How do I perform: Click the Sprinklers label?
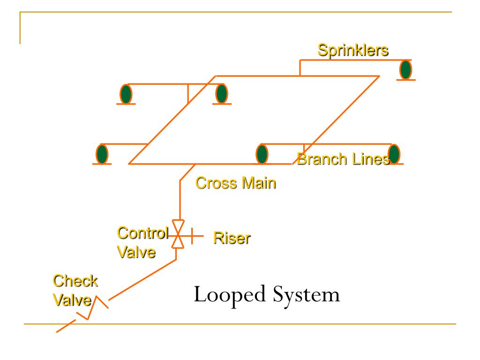click(353, 50)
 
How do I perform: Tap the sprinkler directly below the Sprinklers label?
click(405, 70)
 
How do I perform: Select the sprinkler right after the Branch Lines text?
click(394, 154)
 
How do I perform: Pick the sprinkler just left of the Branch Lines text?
click(262, 154)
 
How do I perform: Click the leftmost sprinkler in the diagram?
click(102, 154)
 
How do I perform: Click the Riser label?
click(232, 238)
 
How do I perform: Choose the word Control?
click(142, 233)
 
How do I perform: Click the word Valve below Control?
click(136, 252)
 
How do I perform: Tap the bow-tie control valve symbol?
click(178, 234)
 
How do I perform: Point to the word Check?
click(75, 281)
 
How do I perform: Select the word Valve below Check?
click(72, 300)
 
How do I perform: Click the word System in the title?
click(306, 295)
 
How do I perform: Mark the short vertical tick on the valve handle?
click(192, 236)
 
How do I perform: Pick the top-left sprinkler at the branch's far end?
click(126, 94)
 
